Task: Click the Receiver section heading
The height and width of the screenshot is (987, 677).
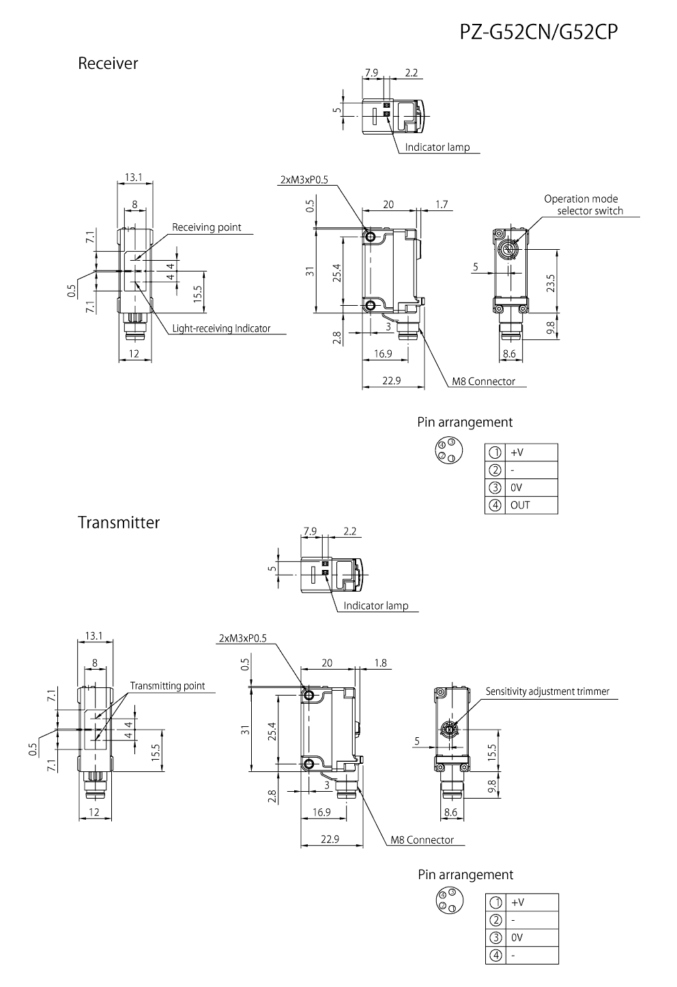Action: coord(108,63)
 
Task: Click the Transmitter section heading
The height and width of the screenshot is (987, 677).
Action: coord(119,523)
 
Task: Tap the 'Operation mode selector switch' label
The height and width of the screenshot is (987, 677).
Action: coord(584,205)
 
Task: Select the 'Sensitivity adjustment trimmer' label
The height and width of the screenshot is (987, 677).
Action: coord(547,691)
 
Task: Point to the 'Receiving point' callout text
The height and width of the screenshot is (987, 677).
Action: coord(206,227)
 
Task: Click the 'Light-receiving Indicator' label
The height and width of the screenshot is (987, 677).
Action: coord(221,328)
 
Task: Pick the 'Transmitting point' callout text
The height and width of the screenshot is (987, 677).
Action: coord(167,686)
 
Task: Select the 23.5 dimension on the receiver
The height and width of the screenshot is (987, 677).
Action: coord(551,281)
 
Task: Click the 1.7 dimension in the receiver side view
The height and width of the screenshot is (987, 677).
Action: coord(441,204)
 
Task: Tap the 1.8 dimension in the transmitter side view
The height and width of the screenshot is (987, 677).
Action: coord(380,663)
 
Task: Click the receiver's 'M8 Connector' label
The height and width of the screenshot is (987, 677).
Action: coord(483,382)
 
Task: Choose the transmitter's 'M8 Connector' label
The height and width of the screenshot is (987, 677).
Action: coord(422,840)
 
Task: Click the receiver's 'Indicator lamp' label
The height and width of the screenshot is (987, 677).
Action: coord(437,147)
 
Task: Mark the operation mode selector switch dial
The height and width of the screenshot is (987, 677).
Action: coord(508,249)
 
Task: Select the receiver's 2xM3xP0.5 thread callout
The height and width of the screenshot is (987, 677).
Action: coord(304,180)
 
